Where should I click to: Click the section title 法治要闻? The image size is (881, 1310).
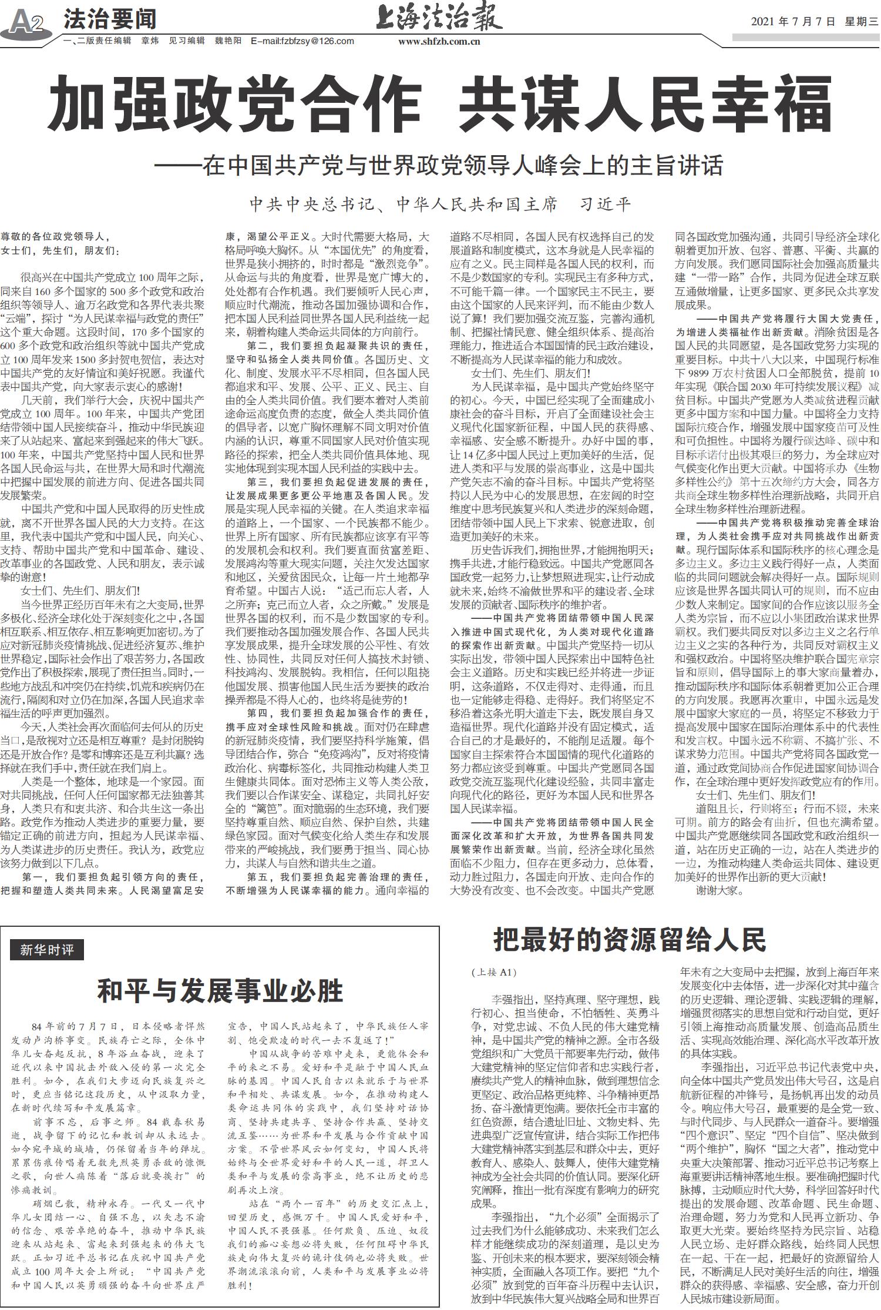pos(110,19)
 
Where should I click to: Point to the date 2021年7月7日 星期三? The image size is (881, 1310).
pos(813,21)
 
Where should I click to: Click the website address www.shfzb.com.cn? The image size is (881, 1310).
pos(439,41)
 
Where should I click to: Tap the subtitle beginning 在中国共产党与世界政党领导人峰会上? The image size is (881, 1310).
pos(441,166)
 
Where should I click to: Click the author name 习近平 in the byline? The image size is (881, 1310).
pos(605,205)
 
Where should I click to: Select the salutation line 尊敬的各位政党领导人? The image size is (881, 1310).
pos(56,237)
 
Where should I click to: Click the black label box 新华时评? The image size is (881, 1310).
pos(47,949)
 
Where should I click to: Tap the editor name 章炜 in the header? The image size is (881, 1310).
pos(150,41)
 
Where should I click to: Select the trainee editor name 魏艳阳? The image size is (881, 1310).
pos(228,41)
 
